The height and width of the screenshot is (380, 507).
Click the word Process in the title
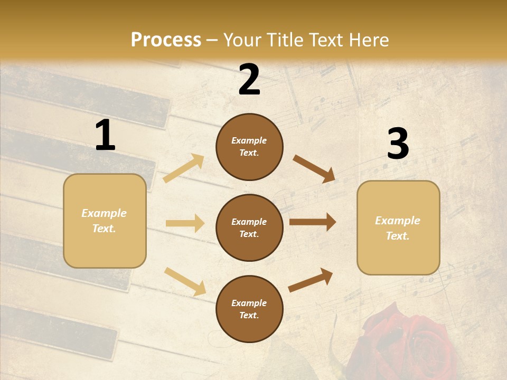pyautogui.click(x=166, y=40)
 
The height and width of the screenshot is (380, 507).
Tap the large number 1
pyautogui.click(x=105, y=136)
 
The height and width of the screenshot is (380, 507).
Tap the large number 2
pyautogui.click(x=249, y=80)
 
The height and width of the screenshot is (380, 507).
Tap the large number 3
pyautogui.click(x=398, y=144)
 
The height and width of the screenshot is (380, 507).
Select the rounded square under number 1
pyautogui.click(x=105, y=221)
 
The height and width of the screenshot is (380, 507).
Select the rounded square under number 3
pyautogui.click(x=398, y=227)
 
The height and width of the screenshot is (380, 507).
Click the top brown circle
pyautogui.click(x=249, y=147)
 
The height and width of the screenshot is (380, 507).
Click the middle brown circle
pyautogui.click(x=249, y=227)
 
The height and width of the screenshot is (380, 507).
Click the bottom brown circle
pyautogui.click(x=249, y=309)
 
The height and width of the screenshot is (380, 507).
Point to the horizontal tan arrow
pyautogui.click(x=185, y=223)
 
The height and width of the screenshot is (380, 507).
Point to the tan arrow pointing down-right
pyautogui.click(x=185, y=281)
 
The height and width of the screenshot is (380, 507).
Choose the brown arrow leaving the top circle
pyautogui.click(x=314, y=169)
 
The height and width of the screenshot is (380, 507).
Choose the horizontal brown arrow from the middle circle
pyautogui.click(x=312, y=222)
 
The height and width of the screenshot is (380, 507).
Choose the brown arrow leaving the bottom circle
pyautogui.click(x=311, y=280)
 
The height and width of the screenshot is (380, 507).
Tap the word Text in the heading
pyautogui.click(x=328, y=40)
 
